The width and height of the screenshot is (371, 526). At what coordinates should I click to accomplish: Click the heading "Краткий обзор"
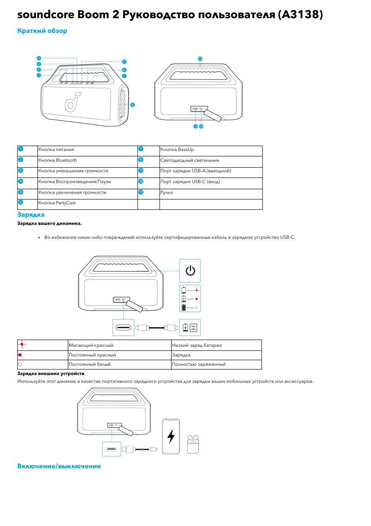[x=42, y=31]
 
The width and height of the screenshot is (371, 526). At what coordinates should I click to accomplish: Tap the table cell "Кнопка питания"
[x=56, y=150]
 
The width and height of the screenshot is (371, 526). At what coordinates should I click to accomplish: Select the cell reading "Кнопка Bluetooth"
[x=58, y=160]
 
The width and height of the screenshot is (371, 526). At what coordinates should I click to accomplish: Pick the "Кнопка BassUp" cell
[x=177, y=150]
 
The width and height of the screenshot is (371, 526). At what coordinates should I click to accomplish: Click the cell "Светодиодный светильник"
[x=190, y=160]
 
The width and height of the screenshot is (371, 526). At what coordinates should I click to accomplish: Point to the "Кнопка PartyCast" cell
[x=57, y=203]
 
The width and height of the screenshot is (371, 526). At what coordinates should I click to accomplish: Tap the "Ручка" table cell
[x=167, y=192]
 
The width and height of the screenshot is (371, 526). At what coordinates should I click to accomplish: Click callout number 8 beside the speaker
[x=133, y=105]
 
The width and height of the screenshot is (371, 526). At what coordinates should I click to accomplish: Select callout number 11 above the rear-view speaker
[x=200, y=59]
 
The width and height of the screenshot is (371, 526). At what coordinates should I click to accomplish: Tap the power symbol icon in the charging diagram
[x=190, y=271]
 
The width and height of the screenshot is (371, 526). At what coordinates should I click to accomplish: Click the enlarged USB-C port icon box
[x=123, y=327]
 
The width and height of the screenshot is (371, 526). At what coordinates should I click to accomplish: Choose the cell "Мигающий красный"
[x=91, y=345]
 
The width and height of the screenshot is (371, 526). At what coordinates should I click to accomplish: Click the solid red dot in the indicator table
[x=20, y=355]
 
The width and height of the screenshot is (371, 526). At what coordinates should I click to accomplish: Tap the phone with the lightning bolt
[x=171, y=436]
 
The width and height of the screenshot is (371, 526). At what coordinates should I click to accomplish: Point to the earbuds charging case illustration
[x=193, y=444]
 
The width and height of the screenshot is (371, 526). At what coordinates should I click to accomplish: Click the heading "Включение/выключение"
[x=59, y=466]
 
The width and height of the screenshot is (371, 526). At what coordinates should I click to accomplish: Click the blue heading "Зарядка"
[x=31, y=215]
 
